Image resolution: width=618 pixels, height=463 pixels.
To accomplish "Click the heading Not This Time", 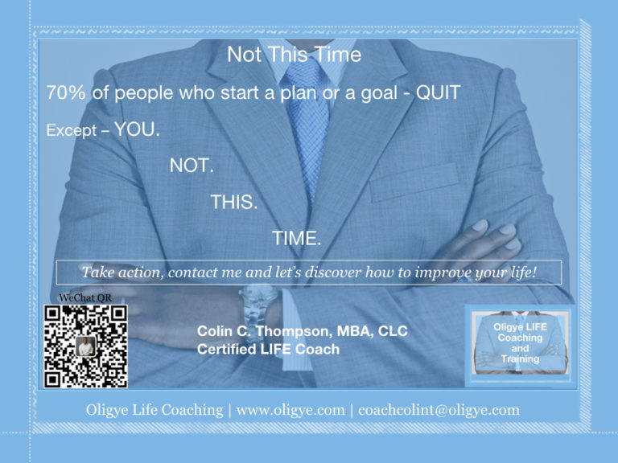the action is coord(294,55).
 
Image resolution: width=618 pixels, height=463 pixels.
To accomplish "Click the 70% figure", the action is coord(66,93).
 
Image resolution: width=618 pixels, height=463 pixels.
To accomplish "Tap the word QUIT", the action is coord(439,93).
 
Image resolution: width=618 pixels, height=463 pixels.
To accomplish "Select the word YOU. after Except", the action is coord(137,129).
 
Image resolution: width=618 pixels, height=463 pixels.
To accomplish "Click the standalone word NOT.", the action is coord(192,166).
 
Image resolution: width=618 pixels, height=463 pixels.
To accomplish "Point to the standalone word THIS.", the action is coord(233,202).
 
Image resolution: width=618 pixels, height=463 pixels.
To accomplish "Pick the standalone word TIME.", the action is coord(296,239).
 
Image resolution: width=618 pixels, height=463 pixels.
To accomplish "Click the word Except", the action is coord(72,131).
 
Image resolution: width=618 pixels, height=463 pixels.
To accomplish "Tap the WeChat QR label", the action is coord(85,298).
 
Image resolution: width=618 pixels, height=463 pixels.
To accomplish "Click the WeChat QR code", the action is coord(85,346).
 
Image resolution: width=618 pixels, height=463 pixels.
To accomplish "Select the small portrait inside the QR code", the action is coord(85,346).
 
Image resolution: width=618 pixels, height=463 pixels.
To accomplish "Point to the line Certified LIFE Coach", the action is coord(268,349).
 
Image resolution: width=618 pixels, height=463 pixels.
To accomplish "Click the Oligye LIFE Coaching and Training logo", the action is coord(521,344).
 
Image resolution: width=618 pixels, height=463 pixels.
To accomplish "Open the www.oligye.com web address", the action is coord(290,410).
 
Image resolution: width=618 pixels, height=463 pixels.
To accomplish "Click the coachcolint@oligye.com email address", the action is coord(439,410).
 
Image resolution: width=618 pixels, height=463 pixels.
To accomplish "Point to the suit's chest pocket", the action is coord(414,182).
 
